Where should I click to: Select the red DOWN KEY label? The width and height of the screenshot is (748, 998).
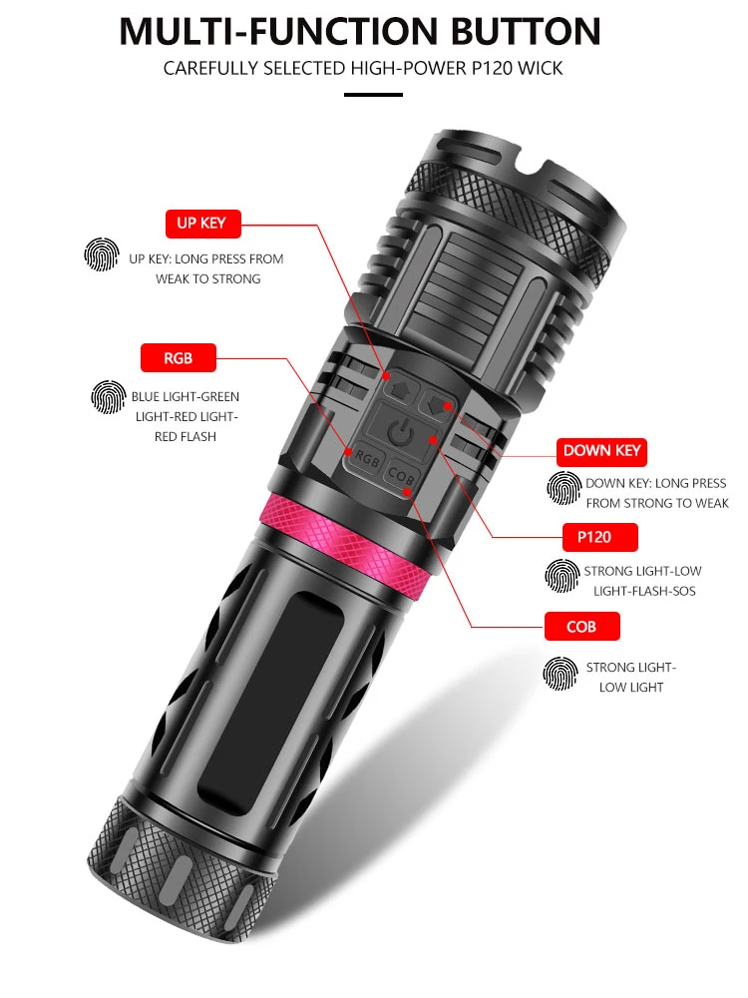click(x=601, y=450)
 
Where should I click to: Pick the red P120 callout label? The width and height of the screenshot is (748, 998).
click(x=593, y=537)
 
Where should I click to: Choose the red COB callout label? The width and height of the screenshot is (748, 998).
click(x=580, y=627)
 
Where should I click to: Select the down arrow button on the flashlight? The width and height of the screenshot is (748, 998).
click(x=436, y=404)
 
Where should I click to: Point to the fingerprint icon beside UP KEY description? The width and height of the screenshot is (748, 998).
click(x=101, y=257)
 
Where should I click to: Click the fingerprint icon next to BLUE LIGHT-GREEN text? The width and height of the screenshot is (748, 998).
click(x=108, y=397)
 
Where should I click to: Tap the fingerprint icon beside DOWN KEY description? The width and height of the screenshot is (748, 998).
click(x=563, y=489)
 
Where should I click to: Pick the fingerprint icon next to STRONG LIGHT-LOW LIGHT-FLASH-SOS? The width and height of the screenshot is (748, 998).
click(x=561, y=577)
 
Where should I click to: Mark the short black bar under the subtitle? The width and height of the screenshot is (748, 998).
click(x=373, y=95)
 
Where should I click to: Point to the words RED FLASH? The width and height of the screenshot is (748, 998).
click(x=186, y=436)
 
